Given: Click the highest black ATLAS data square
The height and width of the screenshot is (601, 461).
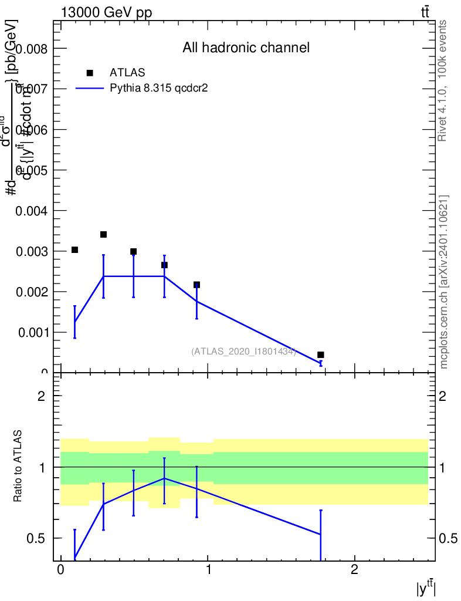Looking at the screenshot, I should tap(103, 234).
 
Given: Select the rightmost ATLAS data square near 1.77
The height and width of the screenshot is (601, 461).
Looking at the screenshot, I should tap(321, 354).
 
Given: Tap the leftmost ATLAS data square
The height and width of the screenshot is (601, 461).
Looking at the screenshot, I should tap(74, 250).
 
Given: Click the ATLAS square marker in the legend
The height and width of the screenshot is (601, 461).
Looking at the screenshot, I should tap(90, 73).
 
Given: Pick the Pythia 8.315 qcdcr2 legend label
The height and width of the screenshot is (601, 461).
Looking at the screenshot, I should tap(160, 88).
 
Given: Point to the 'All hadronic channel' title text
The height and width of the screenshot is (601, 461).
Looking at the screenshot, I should tap(246, 48).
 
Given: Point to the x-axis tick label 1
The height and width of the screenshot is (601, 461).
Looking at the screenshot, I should tap(208, 569).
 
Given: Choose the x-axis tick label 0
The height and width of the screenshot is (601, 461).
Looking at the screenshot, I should tap(60, 569).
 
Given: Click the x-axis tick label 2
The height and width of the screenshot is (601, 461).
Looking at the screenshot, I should tap(354, 569).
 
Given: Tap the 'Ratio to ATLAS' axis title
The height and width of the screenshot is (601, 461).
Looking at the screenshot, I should tap(18, 466).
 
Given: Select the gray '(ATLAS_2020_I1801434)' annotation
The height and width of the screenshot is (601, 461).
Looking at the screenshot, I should tap(243, 351).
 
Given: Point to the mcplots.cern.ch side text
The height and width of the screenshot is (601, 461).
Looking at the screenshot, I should tap(444, 282).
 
